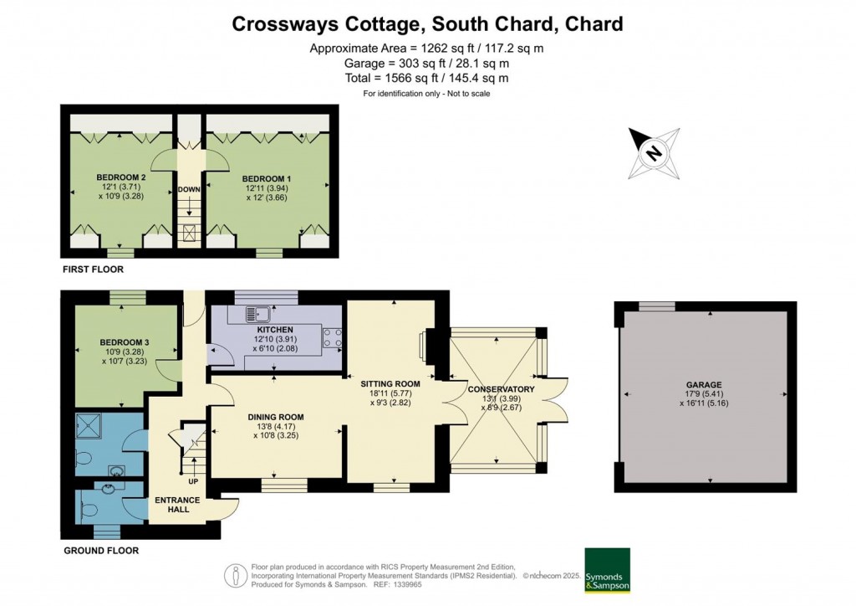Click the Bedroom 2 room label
tap(121, 177)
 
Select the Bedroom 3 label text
tap(125, 342)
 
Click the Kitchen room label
tap(275, 330)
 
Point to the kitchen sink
tap(257, 315)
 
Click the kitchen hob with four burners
tap(332, 337)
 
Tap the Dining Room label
tap(275, 417)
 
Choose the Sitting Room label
tap(390, 384)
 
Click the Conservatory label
tap(501, 389)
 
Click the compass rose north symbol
tap(654, 153)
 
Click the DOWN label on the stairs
tap(189, 189)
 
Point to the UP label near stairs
tap(193, 482)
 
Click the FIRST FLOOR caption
tap(93, 270)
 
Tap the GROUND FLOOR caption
tap(101, 551)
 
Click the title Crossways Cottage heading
tap(427, 24)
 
